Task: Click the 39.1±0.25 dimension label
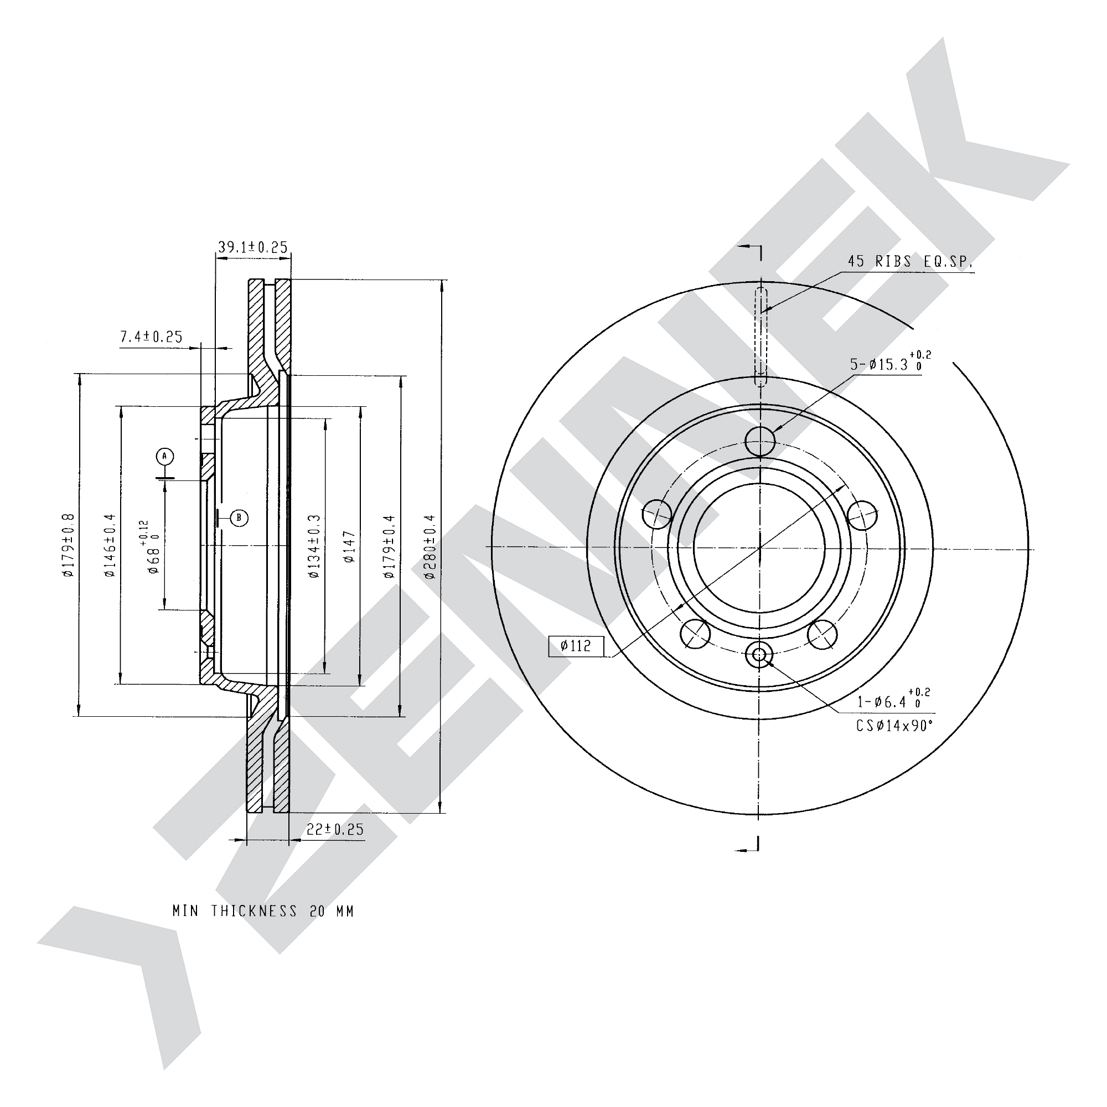pos(253,247)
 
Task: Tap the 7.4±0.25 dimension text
pos(151,337)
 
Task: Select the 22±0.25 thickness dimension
pos(335,829)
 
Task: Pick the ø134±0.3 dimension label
pos(314,546)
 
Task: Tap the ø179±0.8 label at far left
pos(69,544)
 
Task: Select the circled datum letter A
pos(164,456)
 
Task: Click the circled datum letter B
pos(240,518)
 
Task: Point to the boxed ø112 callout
pos(576,646)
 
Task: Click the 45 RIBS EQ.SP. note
pos(910,262)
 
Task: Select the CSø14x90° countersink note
pos(894,726)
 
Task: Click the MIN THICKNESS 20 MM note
pos(263,911)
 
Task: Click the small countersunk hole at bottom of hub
pos(760,654)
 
